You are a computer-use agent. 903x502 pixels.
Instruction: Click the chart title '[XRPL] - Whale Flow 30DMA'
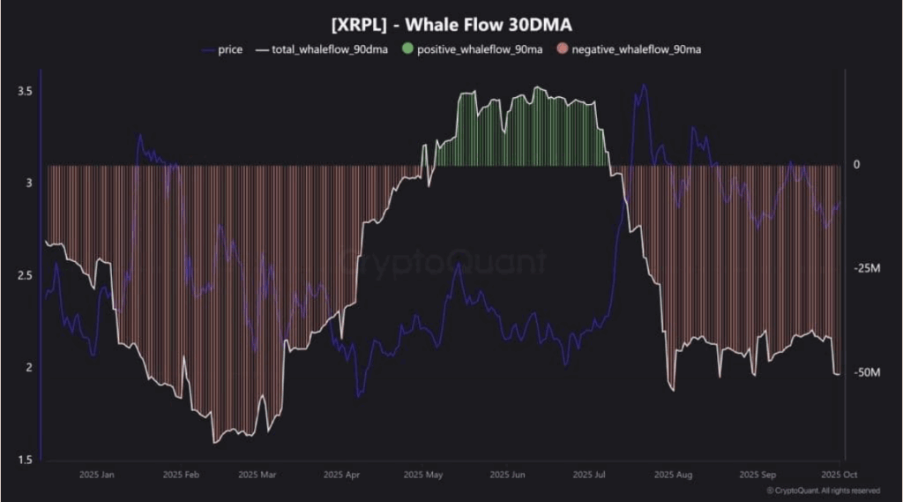pos(451,25)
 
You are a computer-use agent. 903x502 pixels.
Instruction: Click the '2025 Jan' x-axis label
pos(96,475)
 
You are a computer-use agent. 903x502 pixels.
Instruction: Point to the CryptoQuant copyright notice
pos(823,491)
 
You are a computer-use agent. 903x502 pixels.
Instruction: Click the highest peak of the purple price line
pos(644,85)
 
